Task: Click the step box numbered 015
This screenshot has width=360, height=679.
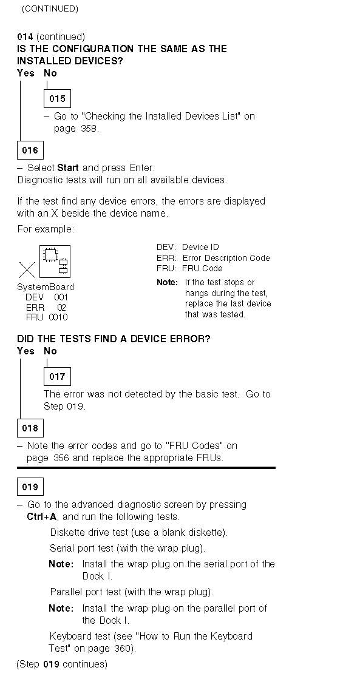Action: (x=57, y=99)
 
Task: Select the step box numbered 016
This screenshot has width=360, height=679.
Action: (x=30, y=150)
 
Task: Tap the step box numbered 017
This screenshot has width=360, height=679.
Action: (x=57, y=376)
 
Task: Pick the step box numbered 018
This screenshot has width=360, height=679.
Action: (x=30, y=428)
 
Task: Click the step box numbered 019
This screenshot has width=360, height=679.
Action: (x=30, y=487)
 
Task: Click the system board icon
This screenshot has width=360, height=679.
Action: (x=55, y=262)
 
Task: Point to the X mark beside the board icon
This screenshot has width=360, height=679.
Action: (x=27, y=270)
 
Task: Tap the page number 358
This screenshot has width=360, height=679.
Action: (x=89, y=129)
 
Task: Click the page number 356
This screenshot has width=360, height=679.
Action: (x=61, y=458)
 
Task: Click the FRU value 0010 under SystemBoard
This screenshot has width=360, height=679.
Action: (x=58, y=317)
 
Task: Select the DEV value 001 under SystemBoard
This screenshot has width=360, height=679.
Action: (x=61, y=297)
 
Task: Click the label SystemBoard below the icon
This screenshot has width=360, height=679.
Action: (x=46, y=287)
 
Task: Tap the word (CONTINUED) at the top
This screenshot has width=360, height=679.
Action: (x=50, y=9)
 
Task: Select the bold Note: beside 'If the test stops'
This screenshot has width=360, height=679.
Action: (x=167, y=283)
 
